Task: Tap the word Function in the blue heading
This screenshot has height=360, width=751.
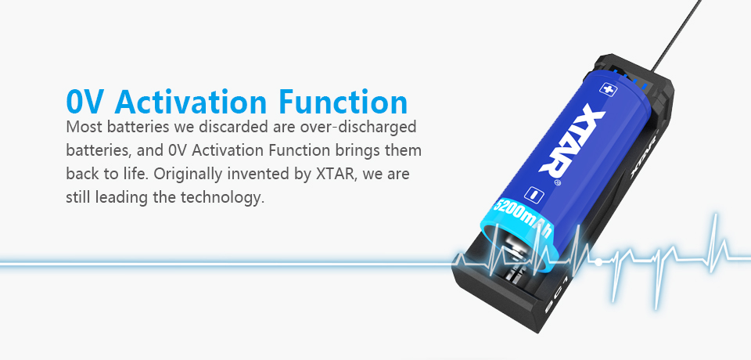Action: pyautogui.click(x=342, y=103)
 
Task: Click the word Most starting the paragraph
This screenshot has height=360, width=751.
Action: pyautogui.click(x=84, y=126)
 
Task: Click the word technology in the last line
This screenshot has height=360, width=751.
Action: pyautogui.click(x=221, y=197)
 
